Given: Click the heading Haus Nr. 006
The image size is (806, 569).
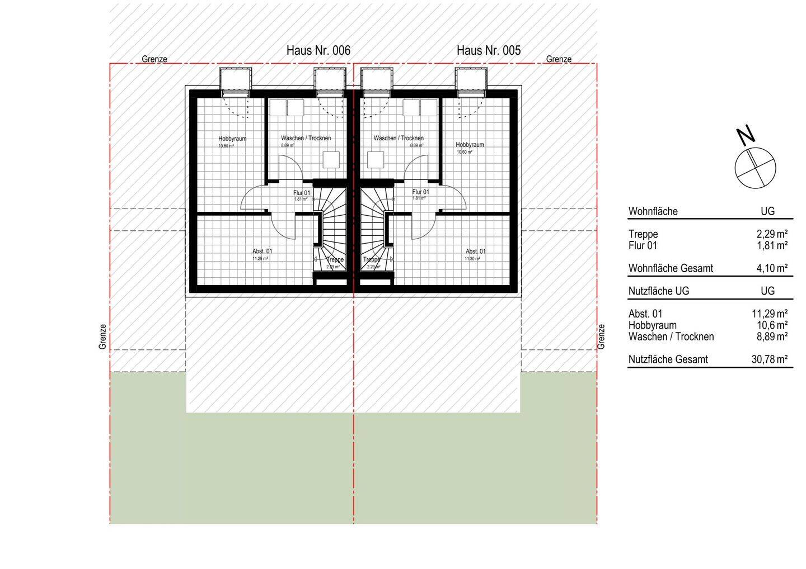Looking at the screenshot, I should [318, 50].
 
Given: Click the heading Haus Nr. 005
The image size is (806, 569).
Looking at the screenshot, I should [488, 50].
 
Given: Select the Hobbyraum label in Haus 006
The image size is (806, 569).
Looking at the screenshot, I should [232, 139].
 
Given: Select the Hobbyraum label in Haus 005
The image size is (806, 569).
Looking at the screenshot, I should [470, 145].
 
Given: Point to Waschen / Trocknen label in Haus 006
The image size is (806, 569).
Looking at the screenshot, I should [306, 138].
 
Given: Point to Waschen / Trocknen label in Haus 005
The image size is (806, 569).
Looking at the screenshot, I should [399, 138].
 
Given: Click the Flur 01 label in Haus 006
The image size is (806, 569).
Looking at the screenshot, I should [302, 193].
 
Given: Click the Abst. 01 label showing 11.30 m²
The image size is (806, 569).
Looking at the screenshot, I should [475, 252].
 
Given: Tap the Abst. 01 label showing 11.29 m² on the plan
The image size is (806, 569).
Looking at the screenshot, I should [262, 252].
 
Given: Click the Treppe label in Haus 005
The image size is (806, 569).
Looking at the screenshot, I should [372, 260].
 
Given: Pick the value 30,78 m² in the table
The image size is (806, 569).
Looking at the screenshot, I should [770, 359].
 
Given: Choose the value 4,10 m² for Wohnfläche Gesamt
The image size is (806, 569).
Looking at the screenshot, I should [772, 268].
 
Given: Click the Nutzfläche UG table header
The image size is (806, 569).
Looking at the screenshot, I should [658, 291].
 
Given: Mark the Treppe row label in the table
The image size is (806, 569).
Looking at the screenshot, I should [643, 234].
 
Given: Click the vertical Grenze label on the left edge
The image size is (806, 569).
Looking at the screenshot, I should [102, 337].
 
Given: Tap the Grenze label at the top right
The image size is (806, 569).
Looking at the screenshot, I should [559, 59].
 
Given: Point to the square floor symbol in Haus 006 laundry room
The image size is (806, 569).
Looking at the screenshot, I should [331, 160].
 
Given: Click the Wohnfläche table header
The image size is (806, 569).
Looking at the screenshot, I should [653, 211].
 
